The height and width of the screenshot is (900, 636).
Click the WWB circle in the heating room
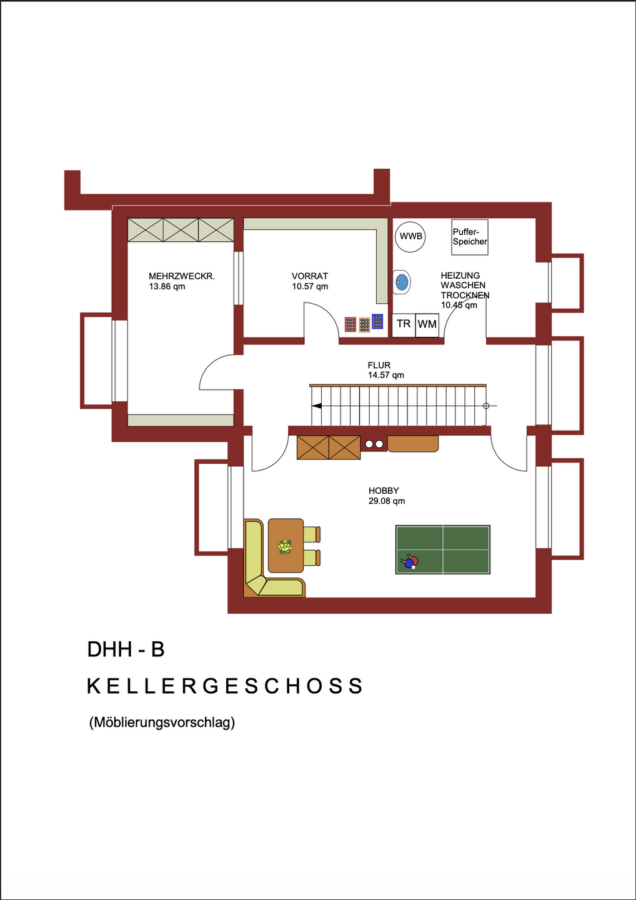410,236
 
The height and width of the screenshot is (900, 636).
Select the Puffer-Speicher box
470,238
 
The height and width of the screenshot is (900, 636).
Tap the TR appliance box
404,324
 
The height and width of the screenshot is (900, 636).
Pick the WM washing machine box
426,324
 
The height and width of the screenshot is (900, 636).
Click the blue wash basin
403,282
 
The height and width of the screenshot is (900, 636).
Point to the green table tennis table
443,549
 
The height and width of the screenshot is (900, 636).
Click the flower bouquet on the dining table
285,545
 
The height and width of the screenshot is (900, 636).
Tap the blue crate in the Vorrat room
377,321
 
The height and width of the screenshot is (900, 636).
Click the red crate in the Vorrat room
350,324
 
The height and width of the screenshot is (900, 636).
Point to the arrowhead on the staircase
316,406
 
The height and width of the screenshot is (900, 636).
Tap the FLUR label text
379,365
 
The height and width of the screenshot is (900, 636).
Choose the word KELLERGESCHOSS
224,686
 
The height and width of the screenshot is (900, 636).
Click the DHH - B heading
126,649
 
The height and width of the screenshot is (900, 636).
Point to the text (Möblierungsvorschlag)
162,723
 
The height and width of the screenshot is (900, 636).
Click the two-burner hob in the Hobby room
374,444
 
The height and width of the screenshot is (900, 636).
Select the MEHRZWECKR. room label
181,276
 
